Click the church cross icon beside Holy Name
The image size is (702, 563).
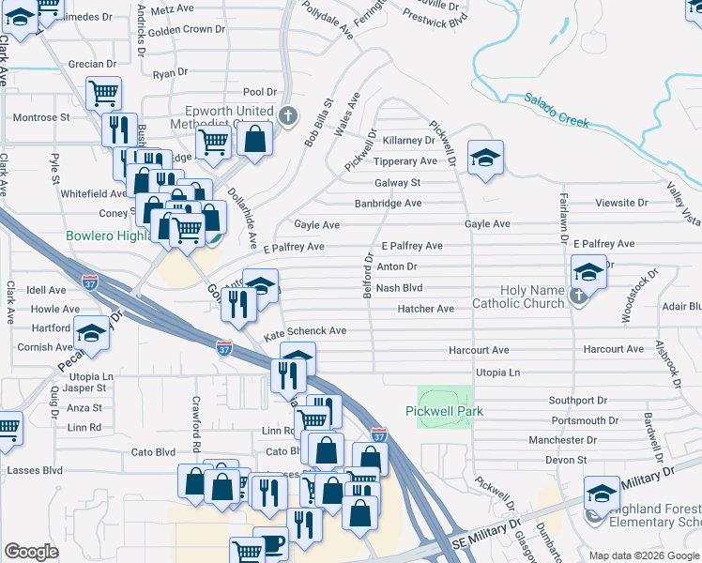pyautogui.click(x=579, y=297)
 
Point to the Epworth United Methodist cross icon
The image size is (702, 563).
pyautogui.click(x=288, y=117)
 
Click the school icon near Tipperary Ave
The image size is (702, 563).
pyautogui.click(x=485, y=159)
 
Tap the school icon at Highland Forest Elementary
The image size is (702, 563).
pyautogui.click(x=603, y=494)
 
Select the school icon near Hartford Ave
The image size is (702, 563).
pyautogui.click(x=91, y=334)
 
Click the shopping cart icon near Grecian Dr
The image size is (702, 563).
pyautogui.click(x=103, y=93)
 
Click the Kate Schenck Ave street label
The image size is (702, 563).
pyautogui.click(x=305, y=332)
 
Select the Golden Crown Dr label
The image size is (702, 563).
pyautogui.click(x=187, y=29)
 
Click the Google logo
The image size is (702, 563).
pyautogui.click(x=31, y=552)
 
